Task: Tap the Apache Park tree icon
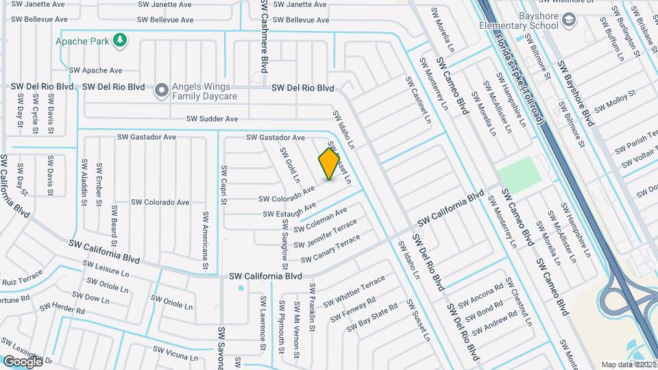tap(121, 40)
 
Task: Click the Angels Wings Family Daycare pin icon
tap(162, 90)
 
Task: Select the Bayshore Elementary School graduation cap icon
tap(568, 21)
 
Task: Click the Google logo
tap(23, 361)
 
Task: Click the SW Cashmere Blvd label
tap(264, 36)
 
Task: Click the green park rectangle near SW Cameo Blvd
tap(519, 171)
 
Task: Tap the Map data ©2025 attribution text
tap(629, 365)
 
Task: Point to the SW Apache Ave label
tap(95, 70)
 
